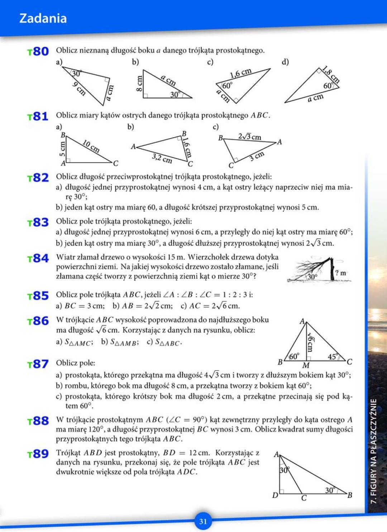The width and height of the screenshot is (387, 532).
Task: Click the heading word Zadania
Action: [x=43, y=18]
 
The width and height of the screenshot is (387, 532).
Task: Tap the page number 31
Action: [x=203, y=521]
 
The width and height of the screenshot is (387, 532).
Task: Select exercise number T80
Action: [x=38, y=52]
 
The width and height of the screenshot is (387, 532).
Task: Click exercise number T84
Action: [x=38, y=258]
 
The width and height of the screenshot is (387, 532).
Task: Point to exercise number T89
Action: [x=38, y=454]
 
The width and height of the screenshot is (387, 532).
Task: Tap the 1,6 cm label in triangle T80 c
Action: [x=240, y=73]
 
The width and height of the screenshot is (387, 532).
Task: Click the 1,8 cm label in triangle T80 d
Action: [x=330, y=74]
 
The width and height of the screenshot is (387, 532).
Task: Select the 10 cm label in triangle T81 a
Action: [x=91, y=146]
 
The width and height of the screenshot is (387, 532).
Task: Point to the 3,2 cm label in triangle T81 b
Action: [x=162, y=158]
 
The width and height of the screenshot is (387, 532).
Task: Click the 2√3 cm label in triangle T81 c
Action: [x=250, y=137]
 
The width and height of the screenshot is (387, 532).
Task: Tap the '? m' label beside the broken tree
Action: [x=341, y=273]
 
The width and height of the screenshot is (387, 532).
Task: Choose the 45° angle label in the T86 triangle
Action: [x=333, y=357]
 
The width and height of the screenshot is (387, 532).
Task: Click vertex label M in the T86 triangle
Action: [x=306, y=365]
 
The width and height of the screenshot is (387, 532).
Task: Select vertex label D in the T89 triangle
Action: [x=275, y=495]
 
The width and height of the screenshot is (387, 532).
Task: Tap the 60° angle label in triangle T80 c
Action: [x=227, y=86]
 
